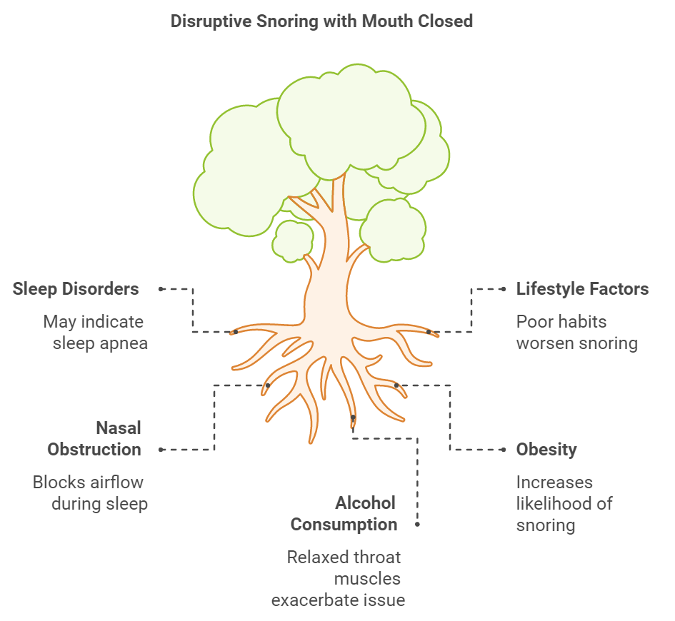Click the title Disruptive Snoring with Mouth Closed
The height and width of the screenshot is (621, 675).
321,21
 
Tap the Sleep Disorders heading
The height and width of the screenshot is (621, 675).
76,289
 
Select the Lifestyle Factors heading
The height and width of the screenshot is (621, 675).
582,289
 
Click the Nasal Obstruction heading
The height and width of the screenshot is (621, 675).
94,439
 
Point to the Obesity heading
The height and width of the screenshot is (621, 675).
546,450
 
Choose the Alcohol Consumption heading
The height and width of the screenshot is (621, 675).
344,514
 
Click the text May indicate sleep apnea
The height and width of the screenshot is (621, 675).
96,333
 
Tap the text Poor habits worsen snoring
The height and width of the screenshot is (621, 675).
577,333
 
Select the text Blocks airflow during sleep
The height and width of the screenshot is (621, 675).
91,493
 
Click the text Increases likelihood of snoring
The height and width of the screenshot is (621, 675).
564,504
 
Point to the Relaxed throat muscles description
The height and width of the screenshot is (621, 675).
339,578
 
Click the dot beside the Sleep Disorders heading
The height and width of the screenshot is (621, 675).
161,289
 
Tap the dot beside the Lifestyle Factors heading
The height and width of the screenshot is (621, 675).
504,289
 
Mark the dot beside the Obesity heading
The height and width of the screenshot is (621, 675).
504,450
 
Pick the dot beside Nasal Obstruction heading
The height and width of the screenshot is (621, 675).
161,450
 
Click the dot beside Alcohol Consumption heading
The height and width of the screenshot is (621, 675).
417,525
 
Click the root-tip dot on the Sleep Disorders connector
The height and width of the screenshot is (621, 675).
236,332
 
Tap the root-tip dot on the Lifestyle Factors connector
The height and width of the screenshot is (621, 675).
429,332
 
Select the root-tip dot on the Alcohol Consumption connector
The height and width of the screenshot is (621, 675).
353,417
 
